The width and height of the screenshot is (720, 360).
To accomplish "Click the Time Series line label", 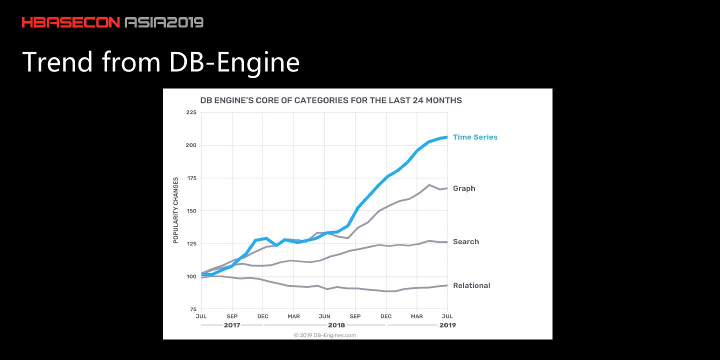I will tap(475, 137).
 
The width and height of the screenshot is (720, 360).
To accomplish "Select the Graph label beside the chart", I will tap(464, 188).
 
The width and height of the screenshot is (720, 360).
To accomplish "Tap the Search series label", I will tap(465, 241).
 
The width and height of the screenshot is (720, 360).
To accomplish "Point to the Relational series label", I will tap(471, 285).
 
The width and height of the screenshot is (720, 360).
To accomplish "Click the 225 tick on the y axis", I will tap(191, 112).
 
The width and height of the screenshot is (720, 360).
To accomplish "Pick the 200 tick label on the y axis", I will tap(191, 145).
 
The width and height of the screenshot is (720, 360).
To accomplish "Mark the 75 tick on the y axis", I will tap(193, 309).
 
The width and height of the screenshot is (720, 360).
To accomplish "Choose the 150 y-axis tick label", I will tap(191, 211).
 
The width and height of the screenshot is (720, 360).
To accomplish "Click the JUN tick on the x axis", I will tap(324, 316).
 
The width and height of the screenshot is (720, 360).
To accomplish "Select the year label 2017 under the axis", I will tap(232, 325).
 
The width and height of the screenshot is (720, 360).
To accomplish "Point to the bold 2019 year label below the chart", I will tap(447, 325).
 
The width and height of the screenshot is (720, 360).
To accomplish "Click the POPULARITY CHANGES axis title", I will tap(175, 210).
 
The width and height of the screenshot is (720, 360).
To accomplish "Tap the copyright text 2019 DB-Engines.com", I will tap(325, 335).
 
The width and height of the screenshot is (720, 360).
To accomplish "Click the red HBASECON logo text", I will tap(71, 22).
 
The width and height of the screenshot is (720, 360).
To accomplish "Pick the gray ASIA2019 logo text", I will tap(164, 22).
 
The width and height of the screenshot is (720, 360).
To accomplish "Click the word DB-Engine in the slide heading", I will tap(234, 62).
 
